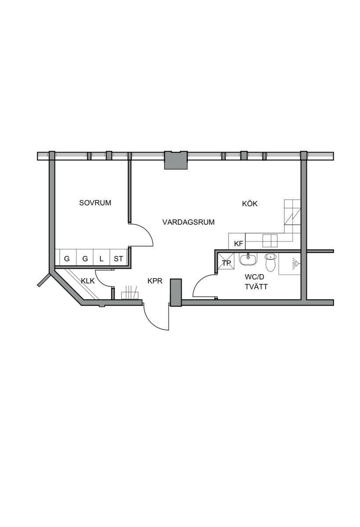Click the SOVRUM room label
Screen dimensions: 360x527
click(95, 203)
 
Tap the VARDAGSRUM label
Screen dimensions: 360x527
click(189, 222)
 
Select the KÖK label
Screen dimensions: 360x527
click(250, 203)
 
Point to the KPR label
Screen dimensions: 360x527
click(155, 281)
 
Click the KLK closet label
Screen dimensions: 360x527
click(88, 281)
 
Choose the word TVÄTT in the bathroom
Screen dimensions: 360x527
click(256, 287)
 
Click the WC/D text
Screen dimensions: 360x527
click(255, 277)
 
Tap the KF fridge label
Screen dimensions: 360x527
click(239, 244)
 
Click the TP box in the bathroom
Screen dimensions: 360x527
click(226, 261)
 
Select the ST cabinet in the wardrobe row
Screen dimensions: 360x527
click(118, 258)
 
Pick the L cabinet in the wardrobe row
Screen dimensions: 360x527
click(102, 258)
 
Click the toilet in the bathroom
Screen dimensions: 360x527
click(270, 262)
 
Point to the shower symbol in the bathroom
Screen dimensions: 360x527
click(296, 263)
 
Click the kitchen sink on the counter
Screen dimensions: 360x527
click(270, 241)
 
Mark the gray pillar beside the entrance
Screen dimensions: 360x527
click(176, 292)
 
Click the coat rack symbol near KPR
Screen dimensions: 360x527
click(130, 292)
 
